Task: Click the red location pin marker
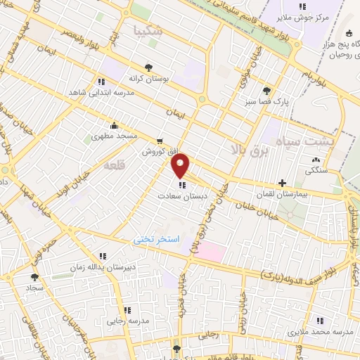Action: (181, 165)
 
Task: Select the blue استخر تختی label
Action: (157, 240)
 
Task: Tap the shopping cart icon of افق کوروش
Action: (161, 141)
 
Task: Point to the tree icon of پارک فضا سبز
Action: (266, 91)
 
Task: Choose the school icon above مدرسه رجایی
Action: (127, 310)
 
